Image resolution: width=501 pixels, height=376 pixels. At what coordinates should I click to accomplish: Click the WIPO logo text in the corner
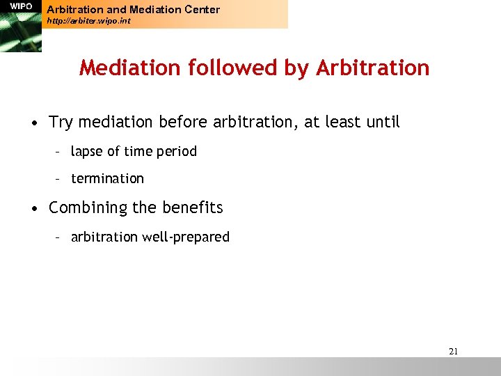tap(21, 6)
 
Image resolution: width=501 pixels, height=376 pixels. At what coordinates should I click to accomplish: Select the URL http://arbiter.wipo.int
tap(88, 21)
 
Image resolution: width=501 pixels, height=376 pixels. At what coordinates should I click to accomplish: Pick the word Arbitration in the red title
tap(372, 68)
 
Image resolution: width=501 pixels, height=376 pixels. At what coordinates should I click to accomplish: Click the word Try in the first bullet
tap(61, 123)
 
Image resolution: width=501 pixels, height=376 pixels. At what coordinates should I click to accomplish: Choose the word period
tap(177, 152)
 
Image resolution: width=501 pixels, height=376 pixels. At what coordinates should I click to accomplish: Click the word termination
tap(107, 178)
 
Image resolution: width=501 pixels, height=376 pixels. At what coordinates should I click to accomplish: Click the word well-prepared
tap(186, 237)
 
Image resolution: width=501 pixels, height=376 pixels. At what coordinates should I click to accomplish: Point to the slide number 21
tap(453, 352)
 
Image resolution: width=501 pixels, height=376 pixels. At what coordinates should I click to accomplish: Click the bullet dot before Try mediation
tap(33, 123)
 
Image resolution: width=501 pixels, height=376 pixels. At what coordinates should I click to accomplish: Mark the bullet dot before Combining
tap(33, 208)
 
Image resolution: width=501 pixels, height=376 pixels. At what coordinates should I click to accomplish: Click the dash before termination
tap(60, 179)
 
